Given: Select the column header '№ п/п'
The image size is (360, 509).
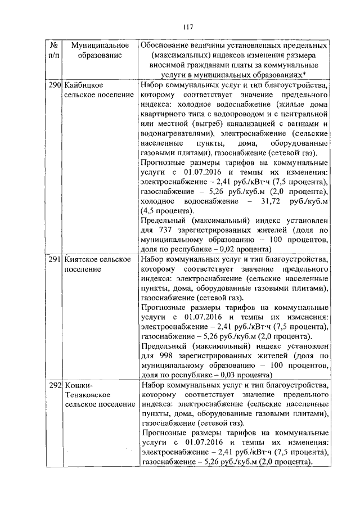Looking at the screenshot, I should point(55,50).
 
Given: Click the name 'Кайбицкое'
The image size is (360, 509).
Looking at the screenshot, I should point(83,85).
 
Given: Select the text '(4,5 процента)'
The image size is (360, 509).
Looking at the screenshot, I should point(169,211).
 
